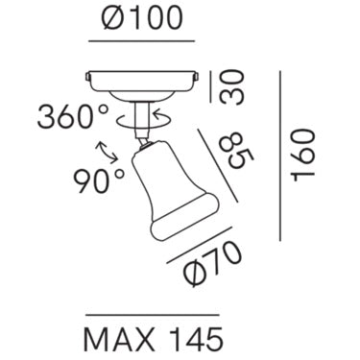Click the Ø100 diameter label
[142, 17]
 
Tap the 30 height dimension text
[232, 87]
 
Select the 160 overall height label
[303, 156]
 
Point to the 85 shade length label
[238, 150]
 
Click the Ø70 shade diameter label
[213, 263]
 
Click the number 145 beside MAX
[196, 339]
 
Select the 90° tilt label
[99, 181]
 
